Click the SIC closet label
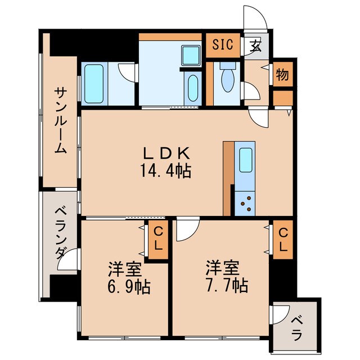[x=223, y=44]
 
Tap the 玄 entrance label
[x=255, y=46]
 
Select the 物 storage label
[x=282, y=75]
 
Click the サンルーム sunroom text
[x=61, y=120]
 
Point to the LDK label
[x=166, y=153]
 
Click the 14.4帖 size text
[x=165, y=171]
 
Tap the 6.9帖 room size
[x=129, y=286]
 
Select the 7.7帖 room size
[x=227, y=285]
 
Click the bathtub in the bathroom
[x=94, y=84]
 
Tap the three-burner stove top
[x=245, y=204]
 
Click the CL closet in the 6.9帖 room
[x=158, y=240]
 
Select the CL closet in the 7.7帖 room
[x=283, y=240]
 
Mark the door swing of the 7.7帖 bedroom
[x=191, y=233]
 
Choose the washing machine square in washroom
[x=191, y=56]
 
